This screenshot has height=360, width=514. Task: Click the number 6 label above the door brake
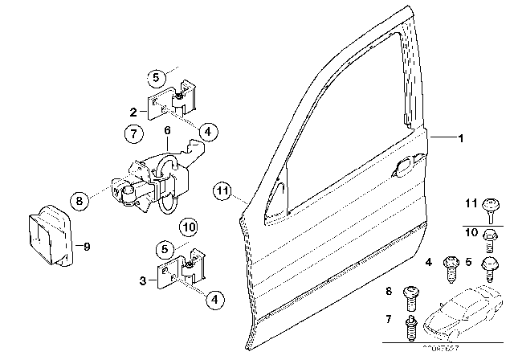point(167,129)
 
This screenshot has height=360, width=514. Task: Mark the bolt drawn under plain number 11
point(488,214)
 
